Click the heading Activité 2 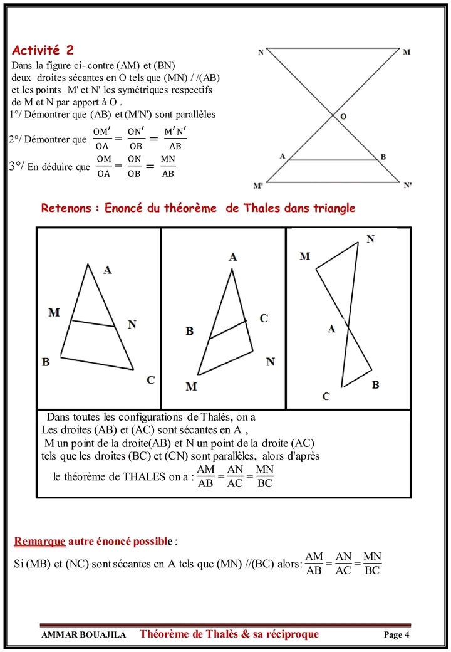click(46, 50)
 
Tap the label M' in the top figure click(258, 186)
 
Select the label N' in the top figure click(408, 186)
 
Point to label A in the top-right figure click(283, 155)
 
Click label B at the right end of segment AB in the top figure click(383, 157)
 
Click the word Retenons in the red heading click(66, 208)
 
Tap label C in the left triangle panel click(150, 380)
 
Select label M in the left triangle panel click(54, 312)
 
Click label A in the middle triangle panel click(233, 256)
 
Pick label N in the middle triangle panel click(270, 362)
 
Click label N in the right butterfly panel click(370, 239)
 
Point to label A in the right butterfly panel click(332, 329)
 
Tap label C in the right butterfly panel click(326, 396)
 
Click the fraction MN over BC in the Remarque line click(372, 564)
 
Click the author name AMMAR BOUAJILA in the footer click(83, 634)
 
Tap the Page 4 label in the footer click(396, 634)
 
